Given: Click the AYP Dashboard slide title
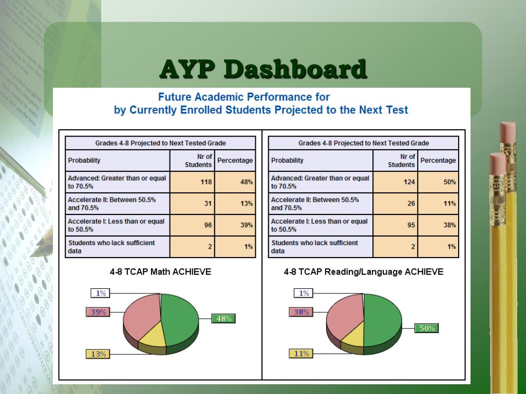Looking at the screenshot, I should pyautogui.click(x=263, y=69).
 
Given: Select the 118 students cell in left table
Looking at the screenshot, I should pyautogui.click(x=192, y=182).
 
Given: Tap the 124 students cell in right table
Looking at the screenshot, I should pyautogui.click(x=395, y=182).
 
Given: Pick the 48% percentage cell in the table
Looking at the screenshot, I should pyautogui.click(x=235, y=182).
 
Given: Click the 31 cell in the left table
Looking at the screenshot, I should pyautogui.click(x=192, y=204).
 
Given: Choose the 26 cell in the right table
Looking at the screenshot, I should pyautogui.click(x=395, y=204).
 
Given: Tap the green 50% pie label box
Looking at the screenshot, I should pyautogui.click(x=427, y=328).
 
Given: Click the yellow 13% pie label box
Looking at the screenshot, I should pyautogui.click(x=98, y=354).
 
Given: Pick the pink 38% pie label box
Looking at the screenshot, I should pyautogui.click(x=301, y=312).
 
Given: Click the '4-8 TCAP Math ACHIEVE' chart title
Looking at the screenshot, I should pyautogui.click(x=160, y=272).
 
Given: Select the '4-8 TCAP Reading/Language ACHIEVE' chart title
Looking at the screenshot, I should pyautogui.click(x=363, y=272).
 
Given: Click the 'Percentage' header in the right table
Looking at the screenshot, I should pyautogui.click(x=438, y=161).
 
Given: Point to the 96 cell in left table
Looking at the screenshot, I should pyautogui.click(x=192, y=225).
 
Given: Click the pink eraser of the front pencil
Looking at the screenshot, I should pyautogui.click(x=497, y=163).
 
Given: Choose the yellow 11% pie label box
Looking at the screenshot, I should pyautogui.click(x=302, y=353).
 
